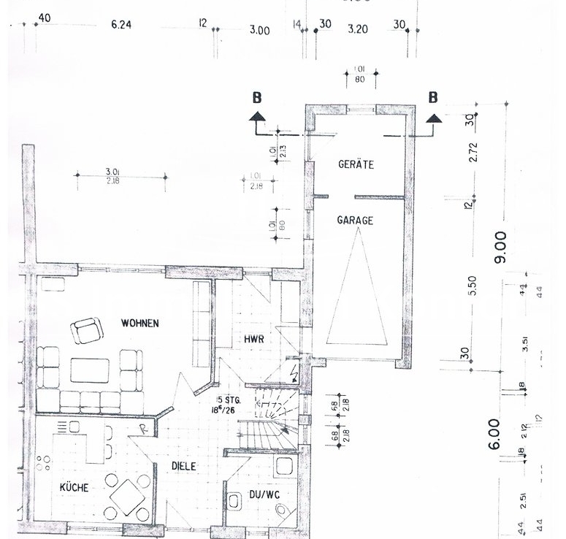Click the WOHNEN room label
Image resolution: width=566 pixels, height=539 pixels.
point(140,323)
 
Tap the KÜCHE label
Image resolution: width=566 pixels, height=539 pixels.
point(74,488)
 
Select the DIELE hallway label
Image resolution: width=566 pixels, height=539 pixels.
point(185,465)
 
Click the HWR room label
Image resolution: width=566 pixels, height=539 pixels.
point(254,338)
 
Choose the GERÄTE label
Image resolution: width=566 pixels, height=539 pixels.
point(356,165)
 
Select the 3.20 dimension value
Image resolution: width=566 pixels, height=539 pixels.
point(358,30)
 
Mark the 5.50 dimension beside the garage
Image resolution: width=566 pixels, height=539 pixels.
point(473,286)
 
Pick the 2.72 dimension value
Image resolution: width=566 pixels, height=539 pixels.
point(473,153)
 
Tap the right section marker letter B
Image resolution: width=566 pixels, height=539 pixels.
point(433,97)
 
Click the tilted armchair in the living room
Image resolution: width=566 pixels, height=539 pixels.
point(87,331)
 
